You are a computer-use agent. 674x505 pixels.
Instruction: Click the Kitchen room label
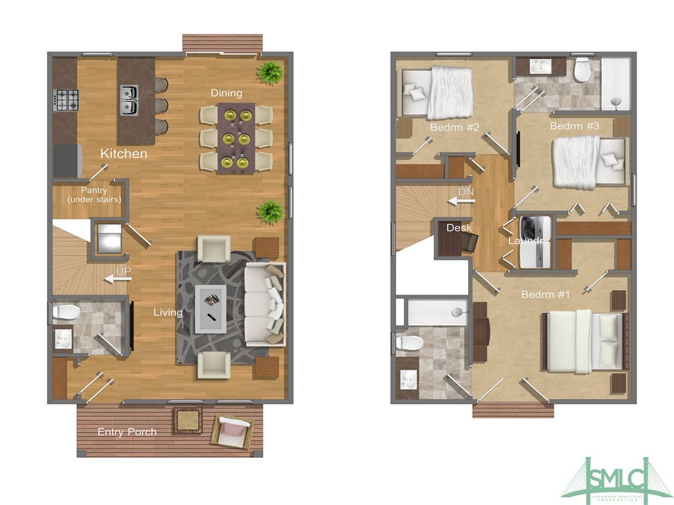click(x=124, y=154)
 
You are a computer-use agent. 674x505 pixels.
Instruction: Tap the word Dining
click(x=226, y=93)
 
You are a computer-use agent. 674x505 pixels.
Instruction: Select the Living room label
click(x=168, y=312)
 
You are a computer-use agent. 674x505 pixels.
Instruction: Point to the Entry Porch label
click(x=127, y=432)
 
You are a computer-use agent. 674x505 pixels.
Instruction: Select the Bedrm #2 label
click(x=454, y=126)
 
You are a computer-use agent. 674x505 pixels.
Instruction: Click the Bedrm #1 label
click(x=545, y=295)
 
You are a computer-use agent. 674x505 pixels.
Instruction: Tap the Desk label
click(x=459, y=228)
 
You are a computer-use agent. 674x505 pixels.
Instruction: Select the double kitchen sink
click(x=129, y=99)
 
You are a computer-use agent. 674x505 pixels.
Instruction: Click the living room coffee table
click(x=211, y=308)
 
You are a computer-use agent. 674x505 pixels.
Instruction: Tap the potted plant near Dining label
click(x=269, y=73)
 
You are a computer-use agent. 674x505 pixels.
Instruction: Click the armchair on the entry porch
click(x=232, y=431)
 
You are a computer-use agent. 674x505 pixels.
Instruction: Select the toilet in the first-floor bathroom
click(x=66, y=311)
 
